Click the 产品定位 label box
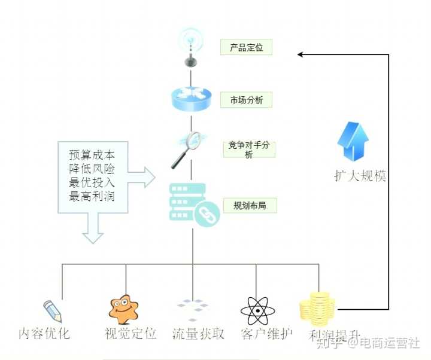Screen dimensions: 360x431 [247, 47]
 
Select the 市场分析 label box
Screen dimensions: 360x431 [247, 99]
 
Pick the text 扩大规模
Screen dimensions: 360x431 [360, 176]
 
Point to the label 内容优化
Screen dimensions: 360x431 [44, 333]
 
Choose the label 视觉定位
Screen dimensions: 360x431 [130, 333]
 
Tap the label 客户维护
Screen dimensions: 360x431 [265, 333]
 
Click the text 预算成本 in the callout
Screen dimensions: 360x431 [92, 153]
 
